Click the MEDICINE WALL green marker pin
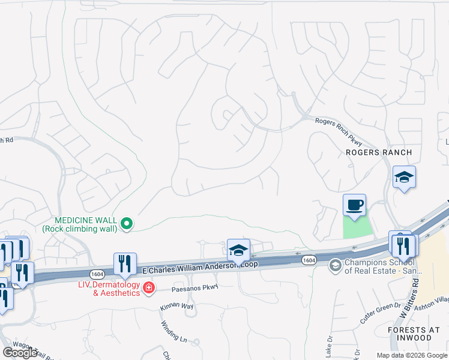127,224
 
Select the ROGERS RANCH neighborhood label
379,152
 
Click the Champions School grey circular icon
335,264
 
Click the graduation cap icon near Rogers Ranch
405,178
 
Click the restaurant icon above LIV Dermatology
125,263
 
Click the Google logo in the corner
20,353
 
